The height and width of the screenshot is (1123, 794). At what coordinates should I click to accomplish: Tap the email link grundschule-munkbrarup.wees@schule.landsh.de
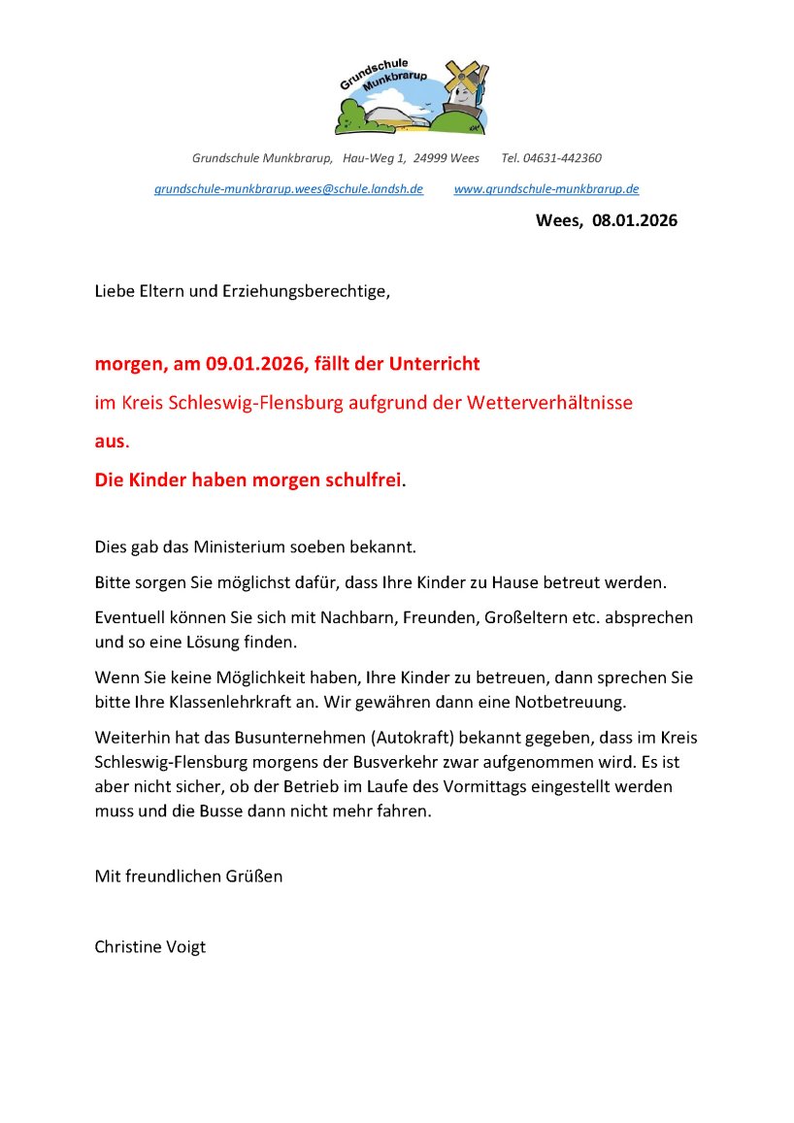(288, 189)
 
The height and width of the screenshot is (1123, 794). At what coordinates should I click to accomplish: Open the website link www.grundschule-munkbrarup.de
(546, 189)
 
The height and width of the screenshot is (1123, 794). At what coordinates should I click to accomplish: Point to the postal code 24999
(430, 158)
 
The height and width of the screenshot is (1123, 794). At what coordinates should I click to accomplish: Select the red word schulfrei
(351, 479)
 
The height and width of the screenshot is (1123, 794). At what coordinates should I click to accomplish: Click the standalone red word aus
(110, 441)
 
